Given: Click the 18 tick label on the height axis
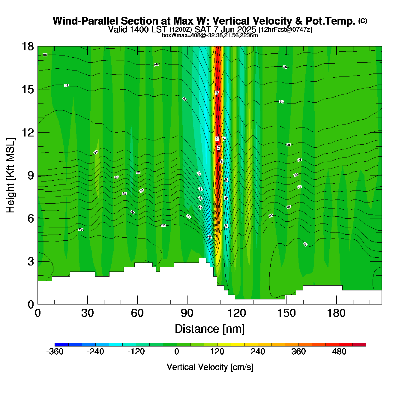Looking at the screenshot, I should [x=27, y=46].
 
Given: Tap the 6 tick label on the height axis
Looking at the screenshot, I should [x=31, y=218].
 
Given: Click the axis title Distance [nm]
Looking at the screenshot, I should [x=210, y=329].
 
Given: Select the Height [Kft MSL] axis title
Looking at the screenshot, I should [x=10, y=175].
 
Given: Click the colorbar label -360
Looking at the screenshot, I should [x=55, y=352].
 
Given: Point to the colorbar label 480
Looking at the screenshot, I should [x=339, y=352].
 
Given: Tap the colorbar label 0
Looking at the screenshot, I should [x=177, y=352].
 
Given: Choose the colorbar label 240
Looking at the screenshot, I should [x=258, y=352].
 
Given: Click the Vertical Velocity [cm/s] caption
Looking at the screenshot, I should [x=210, y=367].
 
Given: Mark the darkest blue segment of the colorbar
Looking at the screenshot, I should [x=61, y=345].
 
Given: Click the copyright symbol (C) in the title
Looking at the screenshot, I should [x=363, y=21].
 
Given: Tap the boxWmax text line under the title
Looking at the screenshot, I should [x=210, y=35].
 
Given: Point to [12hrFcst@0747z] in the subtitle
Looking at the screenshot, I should [x=285, y=30].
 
